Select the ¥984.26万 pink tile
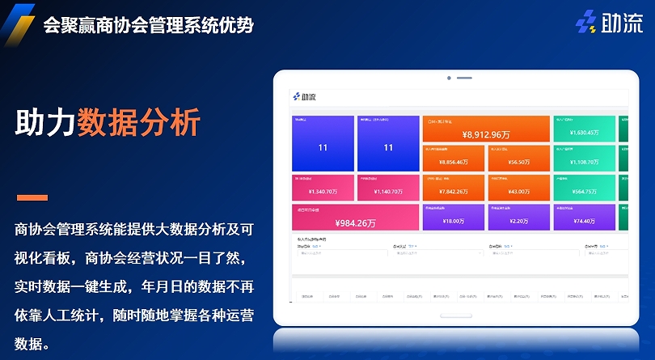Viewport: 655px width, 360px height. click(x=356, y=218)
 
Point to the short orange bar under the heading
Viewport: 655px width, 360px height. click(x=32, y=197)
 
